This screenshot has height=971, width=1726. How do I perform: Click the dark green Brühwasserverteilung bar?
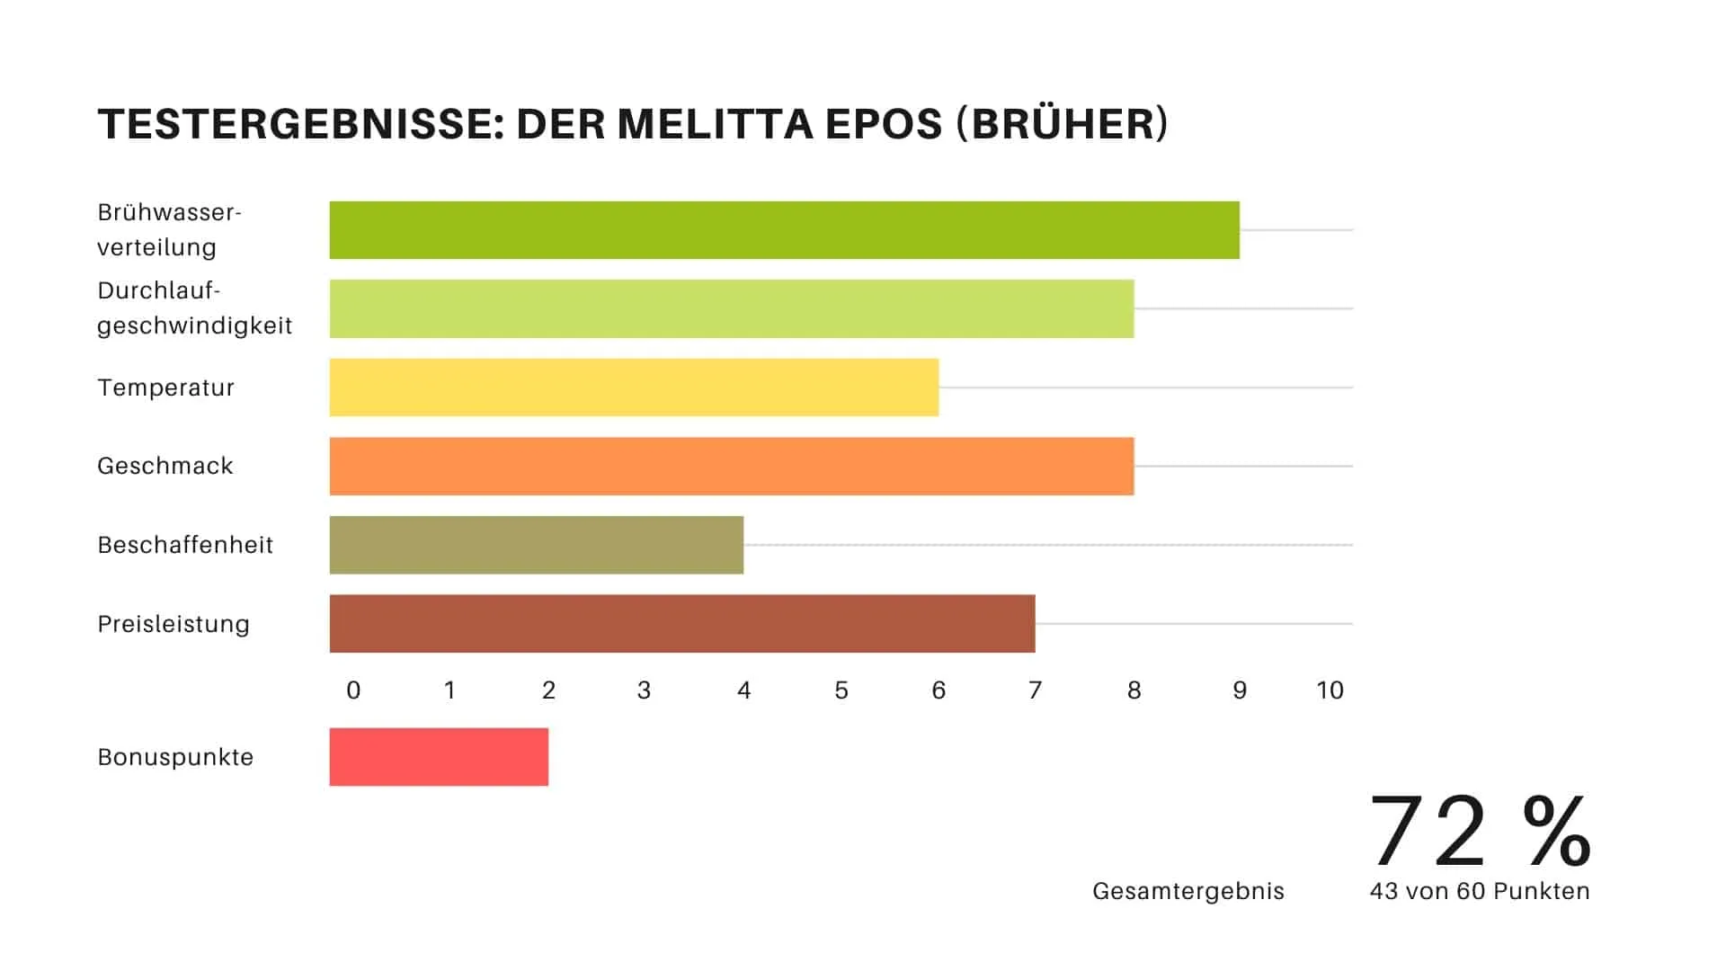pyautogui.click(x=784, y=230)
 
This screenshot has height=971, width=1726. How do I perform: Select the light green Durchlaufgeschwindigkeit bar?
pyautogui.click(x=731, y=308)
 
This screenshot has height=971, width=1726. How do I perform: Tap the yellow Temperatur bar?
pyautogui.click(x=634, y=388)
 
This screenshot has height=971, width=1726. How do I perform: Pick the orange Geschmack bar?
pyautogui.click(x=731, y=466)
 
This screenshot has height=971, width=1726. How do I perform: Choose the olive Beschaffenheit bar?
pyautogui.click(x=536, y=545)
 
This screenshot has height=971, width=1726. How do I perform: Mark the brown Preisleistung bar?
pyautogui.click(x=681, y=623)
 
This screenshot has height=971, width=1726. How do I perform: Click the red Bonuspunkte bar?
pyautogui.click(x=439, y=757)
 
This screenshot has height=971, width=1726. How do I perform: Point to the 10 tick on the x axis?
pyautogui.click(x=1330, y=690)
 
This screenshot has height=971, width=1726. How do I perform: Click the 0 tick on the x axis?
pyautogui.click(x=353, y=690)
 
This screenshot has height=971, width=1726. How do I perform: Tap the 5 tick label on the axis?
pyautogui.click(x=841, y=690)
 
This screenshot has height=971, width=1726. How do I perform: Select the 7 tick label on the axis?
pyautogui.click(x=1035, y=690)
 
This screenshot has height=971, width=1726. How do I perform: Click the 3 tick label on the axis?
pyautogui.click(x=644, y=690)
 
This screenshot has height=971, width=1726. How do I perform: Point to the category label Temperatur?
pyautogui.click(x=165, y=388)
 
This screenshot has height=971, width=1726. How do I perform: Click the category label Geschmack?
pyautogui.click(x=165, y=466)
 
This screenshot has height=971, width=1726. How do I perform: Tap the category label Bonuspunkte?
pyautogui.click(x=175, y=757)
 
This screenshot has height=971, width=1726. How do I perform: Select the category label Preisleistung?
pyautogui.click(x=173, y=624)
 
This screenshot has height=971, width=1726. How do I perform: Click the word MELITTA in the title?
pyautogui.click(x=716, y=124)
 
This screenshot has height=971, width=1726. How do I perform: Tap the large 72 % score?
pyautogui.click(x=1480, y=831)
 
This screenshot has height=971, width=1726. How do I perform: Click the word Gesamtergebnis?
pyautogui.click(x=1188, y=891)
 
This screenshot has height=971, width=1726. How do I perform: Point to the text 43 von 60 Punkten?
pyautogui.click(x=1480, y=891)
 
